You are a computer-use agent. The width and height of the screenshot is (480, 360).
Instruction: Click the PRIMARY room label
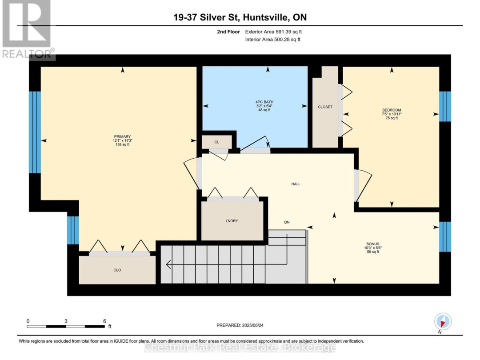pyautogui.click(x=123, y=136)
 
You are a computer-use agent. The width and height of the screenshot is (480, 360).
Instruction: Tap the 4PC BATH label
pyautogui.click(x=264, y=102)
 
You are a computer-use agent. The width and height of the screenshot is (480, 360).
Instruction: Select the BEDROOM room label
pyautogui.click(x=392, y=110)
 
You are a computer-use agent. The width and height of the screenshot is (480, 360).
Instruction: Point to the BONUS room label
pyautogui.click(x=373, y=244)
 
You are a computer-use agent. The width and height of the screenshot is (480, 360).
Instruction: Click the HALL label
pyautogui.click(x=296, y=184)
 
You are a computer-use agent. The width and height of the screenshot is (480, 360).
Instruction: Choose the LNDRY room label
pyautogui.click(x=232, y=221)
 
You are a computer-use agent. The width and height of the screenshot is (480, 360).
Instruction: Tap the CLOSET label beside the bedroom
pyautogui.click(x=325, y=107)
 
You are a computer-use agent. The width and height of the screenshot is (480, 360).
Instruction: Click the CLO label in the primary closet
pyautogui.click(x=117, y=270)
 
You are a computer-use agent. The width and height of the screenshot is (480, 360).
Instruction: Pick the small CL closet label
pyautogui.click(x=217, y=142)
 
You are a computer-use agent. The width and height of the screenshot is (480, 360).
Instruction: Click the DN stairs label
pyautogui.click(x=287, y=222)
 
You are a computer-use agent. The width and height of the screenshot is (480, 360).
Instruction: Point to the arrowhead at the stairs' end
pyautogui.click(x=168, y=264)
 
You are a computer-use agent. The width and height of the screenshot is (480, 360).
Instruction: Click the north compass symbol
pyautogui.click(x=443, y=322)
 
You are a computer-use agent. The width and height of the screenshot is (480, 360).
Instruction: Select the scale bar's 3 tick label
pyautogui.click(x=66, y=321)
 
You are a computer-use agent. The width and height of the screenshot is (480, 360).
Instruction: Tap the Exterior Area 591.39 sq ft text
pyautogui.click(x=273, y=32)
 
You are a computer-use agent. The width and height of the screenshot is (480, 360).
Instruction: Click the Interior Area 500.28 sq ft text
pyautogui.click(x=273, y=40)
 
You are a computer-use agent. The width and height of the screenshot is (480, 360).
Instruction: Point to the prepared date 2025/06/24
pyautogui.click(x=252, y=325)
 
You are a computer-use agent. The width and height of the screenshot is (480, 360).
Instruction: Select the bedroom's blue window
pyautogui.click(x=445, y=106)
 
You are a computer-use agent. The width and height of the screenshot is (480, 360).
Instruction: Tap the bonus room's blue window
pyautogui.click(x=445, y=236)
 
